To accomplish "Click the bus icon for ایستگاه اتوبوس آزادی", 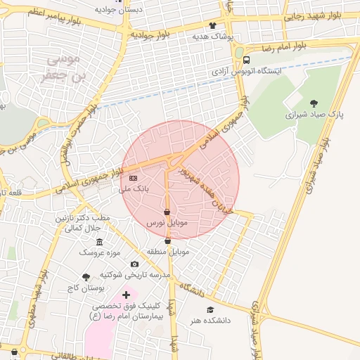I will pyautogui.click(x=246, y=60).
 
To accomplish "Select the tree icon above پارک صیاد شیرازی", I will pyautogui.click(x=314, y=103).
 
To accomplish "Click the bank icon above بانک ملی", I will pyautogui.click(x=134, y=179).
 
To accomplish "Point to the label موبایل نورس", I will pyautogui.click(x=166, y=222).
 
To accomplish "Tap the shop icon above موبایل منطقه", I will pyautogui.click(x=167, y=241).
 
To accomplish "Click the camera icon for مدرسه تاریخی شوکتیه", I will pyautogui.click(x=134, y=264).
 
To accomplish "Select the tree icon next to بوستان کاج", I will pyautogui.click(x=86, y=277).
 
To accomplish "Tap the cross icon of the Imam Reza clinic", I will pyautogui.click(x=126, y=295).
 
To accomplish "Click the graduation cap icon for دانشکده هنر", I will pyautogui.click(x=209, y=309).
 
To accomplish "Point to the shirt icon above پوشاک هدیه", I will pyautogui.click(x=212, y=25).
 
